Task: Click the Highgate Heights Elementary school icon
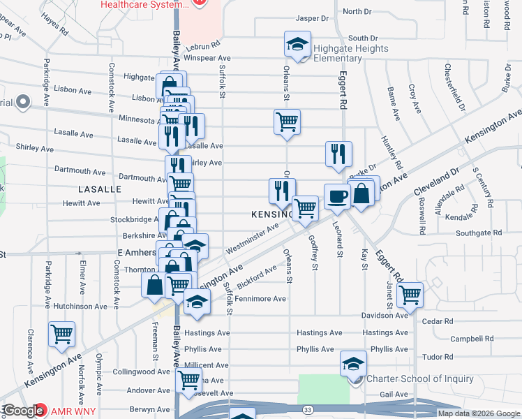point(297,44)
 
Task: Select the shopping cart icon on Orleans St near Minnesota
point(287,122)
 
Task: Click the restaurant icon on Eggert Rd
point(338,154)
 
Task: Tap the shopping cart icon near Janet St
point(410,293)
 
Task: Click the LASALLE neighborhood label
point(100,189)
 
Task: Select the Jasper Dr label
point(311,19)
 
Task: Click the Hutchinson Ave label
point(81,306)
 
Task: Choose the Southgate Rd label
point(479,233)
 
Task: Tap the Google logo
point(24,411)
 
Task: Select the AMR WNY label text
point(72,410)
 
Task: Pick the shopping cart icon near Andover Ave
point(188,381)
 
